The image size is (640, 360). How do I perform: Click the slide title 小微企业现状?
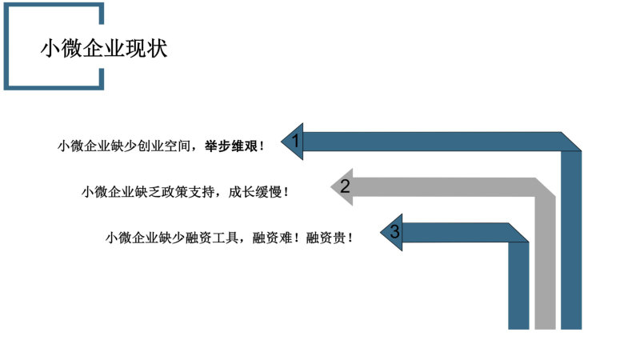104,48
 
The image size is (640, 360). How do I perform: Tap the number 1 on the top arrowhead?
296,142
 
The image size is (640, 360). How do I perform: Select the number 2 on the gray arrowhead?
345,186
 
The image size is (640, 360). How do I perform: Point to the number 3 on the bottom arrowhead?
394,231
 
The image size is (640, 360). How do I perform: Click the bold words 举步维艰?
231,146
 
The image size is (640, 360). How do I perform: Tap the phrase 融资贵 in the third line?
326,237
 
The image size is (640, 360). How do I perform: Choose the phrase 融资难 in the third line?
272,237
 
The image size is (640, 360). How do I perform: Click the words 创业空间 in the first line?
164,146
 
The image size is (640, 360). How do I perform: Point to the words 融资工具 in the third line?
212,237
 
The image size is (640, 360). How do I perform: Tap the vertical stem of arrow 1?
571,240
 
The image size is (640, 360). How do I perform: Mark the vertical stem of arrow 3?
518,286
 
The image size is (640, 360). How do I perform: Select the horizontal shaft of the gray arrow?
444,187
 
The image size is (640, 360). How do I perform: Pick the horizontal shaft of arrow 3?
455,232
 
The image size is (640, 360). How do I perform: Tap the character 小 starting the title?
50,48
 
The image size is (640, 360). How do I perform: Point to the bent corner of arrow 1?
570,142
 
